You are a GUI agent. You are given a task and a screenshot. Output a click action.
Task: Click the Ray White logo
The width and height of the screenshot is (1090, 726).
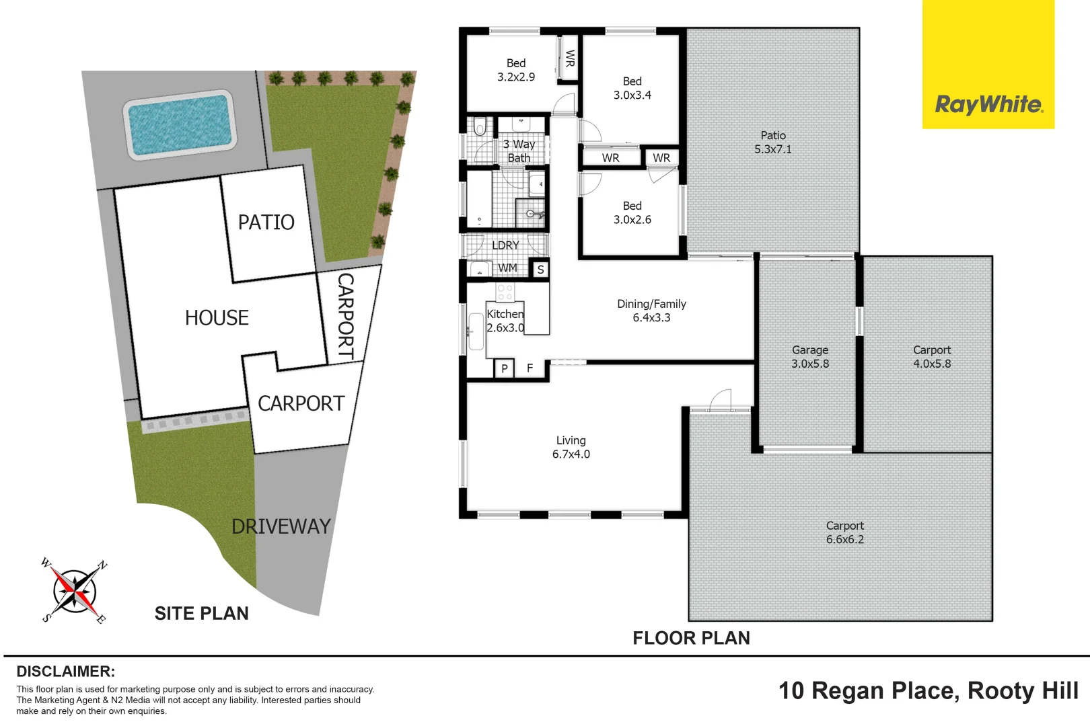[x=988, y=104]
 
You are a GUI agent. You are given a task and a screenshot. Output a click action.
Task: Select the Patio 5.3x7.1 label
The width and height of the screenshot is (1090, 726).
[x=773, y=143]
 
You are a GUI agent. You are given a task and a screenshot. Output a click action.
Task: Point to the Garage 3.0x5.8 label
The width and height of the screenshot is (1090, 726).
[x=810, y=357]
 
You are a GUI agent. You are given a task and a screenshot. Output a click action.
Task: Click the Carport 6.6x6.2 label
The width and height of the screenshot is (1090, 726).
[x=845, y=532]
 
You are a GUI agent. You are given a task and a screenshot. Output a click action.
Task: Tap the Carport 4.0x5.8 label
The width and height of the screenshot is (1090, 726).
[x=932, y=357]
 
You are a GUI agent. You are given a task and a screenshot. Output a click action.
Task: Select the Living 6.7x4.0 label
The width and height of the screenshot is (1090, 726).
[x=571, y=447]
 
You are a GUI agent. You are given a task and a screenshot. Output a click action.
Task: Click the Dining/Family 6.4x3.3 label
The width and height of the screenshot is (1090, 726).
[x=651, y=311]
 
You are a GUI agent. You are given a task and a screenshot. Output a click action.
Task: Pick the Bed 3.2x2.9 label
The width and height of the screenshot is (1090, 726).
[x=516, y=70]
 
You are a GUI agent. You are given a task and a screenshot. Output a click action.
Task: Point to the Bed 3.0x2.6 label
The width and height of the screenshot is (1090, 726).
[x=632, y=212]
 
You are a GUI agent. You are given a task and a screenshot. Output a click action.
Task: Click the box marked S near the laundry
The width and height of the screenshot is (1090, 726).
[x=540, y=270]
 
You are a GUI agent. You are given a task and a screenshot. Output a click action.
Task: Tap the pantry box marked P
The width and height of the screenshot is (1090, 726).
[x=504, y=368]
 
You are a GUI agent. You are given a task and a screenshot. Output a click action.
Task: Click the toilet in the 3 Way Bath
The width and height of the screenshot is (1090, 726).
[x=480, y=126]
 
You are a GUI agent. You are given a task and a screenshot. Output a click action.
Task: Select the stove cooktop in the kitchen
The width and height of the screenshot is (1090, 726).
[x=505, y=292]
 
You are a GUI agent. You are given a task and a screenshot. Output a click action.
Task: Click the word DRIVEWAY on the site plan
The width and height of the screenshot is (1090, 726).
[x=281, y=526]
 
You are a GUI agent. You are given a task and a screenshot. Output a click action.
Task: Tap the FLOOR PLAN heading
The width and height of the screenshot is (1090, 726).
[x=691, y=638]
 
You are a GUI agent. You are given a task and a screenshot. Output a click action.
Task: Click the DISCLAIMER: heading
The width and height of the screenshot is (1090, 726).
[x=65, y=672]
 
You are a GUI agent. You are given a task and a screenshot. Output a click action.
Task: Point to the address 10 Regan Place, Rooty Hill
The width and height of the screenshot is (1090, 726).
[x=928, y=690]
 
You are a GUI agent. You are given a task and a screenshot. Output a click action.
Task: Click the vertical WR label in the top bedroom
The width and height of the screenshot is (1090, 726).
[x=570, y=58]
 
